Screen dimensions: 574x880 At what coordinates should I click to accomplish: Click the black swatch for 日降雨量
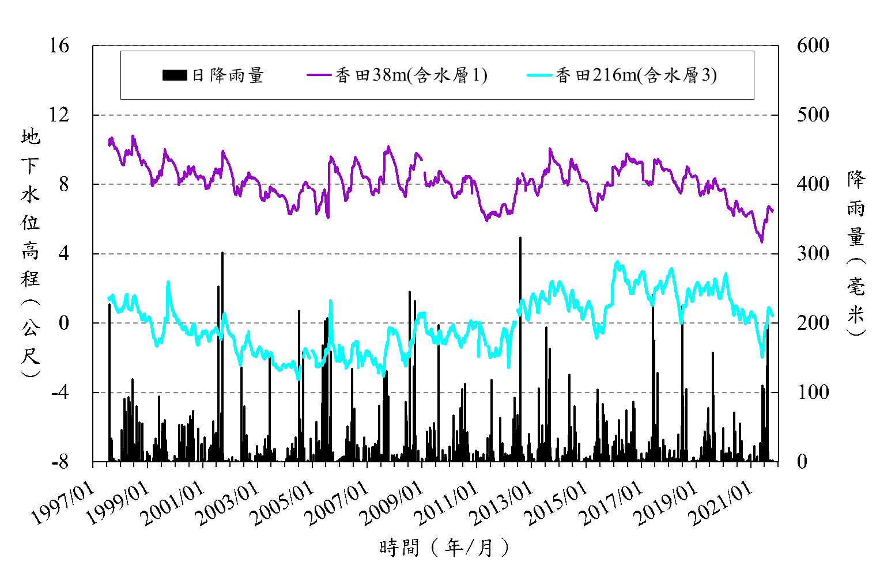coord(175,75)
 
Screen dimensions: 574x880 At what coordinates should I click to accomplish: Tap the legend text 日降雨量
coord(228,75)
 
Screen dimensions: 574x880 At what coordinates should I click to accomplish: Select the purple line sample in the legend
coord(319,75)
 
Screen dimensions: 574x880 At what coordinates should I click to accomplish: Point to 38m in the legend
coord(390,75)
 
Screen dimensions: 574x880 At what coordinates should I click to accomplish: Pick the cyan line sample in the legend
coord(539,75)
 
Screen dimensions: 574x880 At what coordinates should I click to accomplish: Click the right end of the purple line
coord(773,211)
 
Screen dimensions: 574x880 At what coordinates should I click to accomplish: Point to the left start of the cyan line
coord(109,298)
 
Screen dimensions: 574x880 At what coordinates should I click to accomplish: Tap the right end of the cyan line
coord(773,315)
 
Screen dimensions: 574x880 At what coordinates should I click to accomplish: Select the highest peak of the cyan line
coord(617,262)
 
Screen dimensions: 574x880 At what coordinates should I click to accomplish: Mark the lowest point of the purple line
coord(762,242)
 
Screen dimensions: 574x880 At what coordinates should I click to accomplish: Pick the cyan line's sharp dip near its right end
coord(762,356)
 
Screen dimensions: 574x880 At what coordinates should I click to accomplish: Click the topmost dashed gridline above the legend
coord(436,45)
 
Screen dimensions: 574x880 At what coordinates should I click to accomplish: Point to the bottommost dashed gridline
coord(436,393)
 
